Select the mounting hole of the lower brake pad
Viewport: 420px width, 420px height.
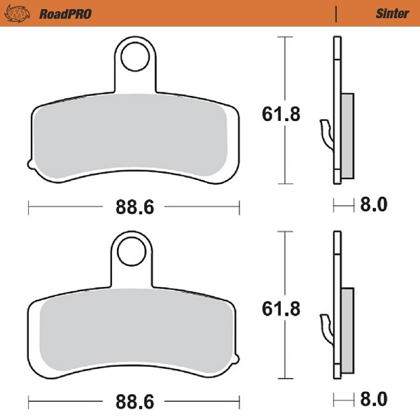132,251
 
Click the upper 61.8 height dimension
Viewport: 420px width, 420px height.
281,113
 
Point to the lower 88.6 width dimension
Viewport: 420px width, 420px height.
134,402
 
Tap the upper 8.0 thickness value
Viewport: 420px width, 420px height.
372,206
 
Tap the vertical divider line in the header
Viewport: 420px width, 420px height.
337,13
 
